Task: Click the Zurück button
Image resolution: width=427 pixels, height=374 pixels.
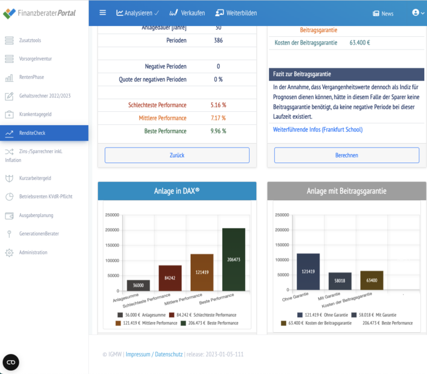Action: pos(177,155)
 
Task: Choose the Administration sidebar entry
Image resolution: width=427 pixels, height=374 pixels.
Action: pos(33,252)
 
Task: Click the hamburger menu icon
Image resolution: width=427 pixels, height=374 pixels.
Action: pos(102,13)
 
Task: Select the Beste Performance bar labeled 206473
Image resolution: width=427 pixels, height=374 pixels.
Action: pos(234,259)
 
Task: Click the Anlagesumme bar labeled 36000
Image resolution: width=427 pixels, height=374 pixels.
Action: pos(138,285)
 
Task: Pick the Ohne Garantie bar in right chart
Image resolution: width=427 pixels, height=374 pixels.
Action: pos(308,272)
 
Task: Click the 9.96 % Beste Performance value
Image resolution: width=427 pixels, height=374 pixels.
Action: pos(218,131)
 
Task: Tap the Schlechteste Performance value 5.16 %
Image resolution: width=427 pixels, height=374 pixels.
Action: pos(218,105)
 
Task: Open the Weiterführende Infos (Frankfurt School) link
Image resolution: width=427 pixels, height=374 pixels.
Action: pos(317,130)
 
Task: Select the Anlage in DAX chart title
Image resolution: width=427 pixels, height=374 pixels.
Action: pos(177,191)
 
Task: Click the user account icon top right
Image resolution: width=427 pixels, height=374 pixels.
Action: pos(415,13)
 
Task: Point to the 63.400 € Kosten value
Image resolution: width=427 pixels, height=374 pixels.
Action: pos(360,42)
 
